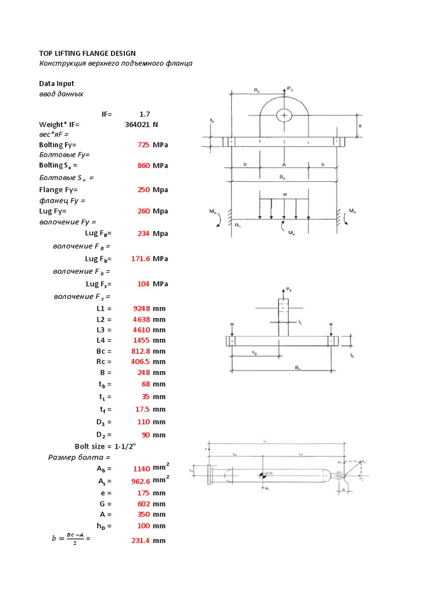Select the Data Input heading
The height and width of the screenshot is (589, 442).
click(x=56, y=83)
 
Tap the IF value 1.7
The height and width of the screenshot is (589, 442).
click(x=144, y=114)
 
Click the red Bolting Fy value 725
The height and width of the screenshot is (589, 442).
click(x=143, y=145)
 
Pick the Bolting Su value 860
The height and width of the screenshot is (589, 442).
click(x=143, y=166)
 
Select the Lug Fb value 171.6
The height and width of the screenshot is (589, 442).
click(x=140, y=259)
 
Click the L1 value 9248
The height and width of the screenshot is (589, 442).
click(x=142, y=308)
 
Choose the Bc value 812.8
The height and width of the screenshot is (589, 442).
click(x=140, y=351)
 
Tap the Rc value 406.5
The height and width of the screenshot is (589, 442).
click(x=140, y=362)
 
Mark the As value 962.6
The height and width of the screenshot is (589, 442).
click(x=140, y=482)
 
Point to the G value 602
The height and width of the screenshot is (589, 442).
click(x=143, y=504)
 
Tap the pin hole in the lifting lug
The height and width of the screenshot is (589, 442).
click(x=284, y=115)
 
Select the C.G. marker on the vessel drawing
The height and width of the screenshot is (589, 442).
click(x=262, y=475)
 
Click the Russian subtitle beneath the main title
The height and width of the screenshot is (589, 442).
click(x=115, y=63)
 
